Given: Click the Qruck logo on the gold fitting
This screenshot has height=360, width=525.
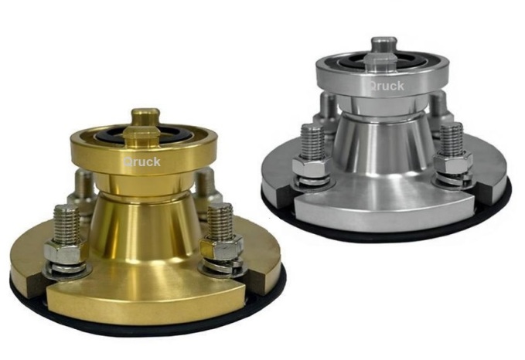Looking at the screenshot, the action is [141, 162].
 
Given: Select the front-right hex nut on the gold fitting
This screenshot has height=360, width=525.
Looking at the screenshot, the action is [222, 248].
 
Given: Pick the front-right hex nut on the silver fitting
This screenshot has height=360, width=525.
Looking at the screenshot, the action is [453, 162].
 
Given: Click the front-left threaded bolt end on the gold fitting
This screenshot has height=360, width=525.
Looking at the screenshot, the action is [66, 223].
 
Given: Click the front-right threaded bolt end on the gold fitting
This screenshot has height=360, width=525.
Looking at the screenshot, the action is [220, 220].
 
